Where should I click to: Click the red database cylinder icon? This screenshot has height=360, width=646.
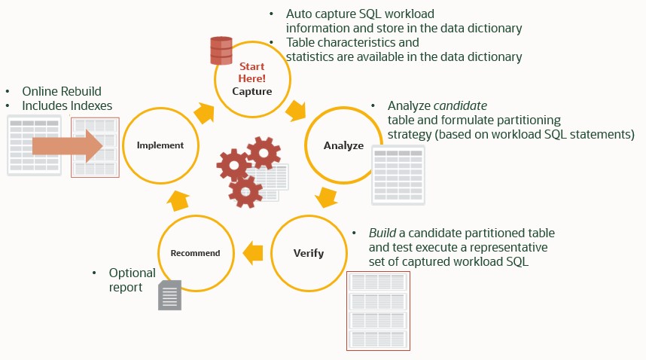(221, 50)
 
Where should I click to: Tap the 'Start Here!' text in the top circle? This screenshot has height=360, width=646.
(252, 72)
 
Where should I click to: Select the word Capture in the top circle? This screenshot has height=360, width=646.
(252, 92)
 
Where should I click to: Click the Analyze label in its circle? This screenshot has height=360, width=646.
(343, 145)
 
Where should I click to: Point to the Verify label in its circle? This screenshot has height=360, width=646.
(308, 252)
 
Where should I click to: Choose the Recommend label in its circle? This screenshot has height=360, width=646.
(195, 253)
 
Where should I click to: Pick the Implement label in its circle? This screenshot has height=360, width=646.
(160, 145)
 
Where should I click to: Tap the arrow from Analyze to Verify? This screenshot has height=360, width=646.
(326, 198)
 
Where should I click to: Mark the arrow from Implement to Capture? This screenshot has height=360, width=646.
(204, 113)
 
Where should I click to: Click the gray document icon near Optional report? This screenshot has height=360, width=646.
(169, 295)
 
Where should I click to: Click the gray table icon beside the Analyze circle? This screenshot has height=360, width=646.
(398, 175)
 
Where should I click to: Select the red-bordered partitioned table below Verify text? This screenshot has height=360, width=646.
(377, 311)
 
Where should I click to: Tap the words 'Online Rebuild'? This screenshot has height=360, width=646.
(61, 90)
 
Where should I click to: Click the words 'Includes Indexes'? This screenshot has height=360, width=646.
(67, 105)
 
